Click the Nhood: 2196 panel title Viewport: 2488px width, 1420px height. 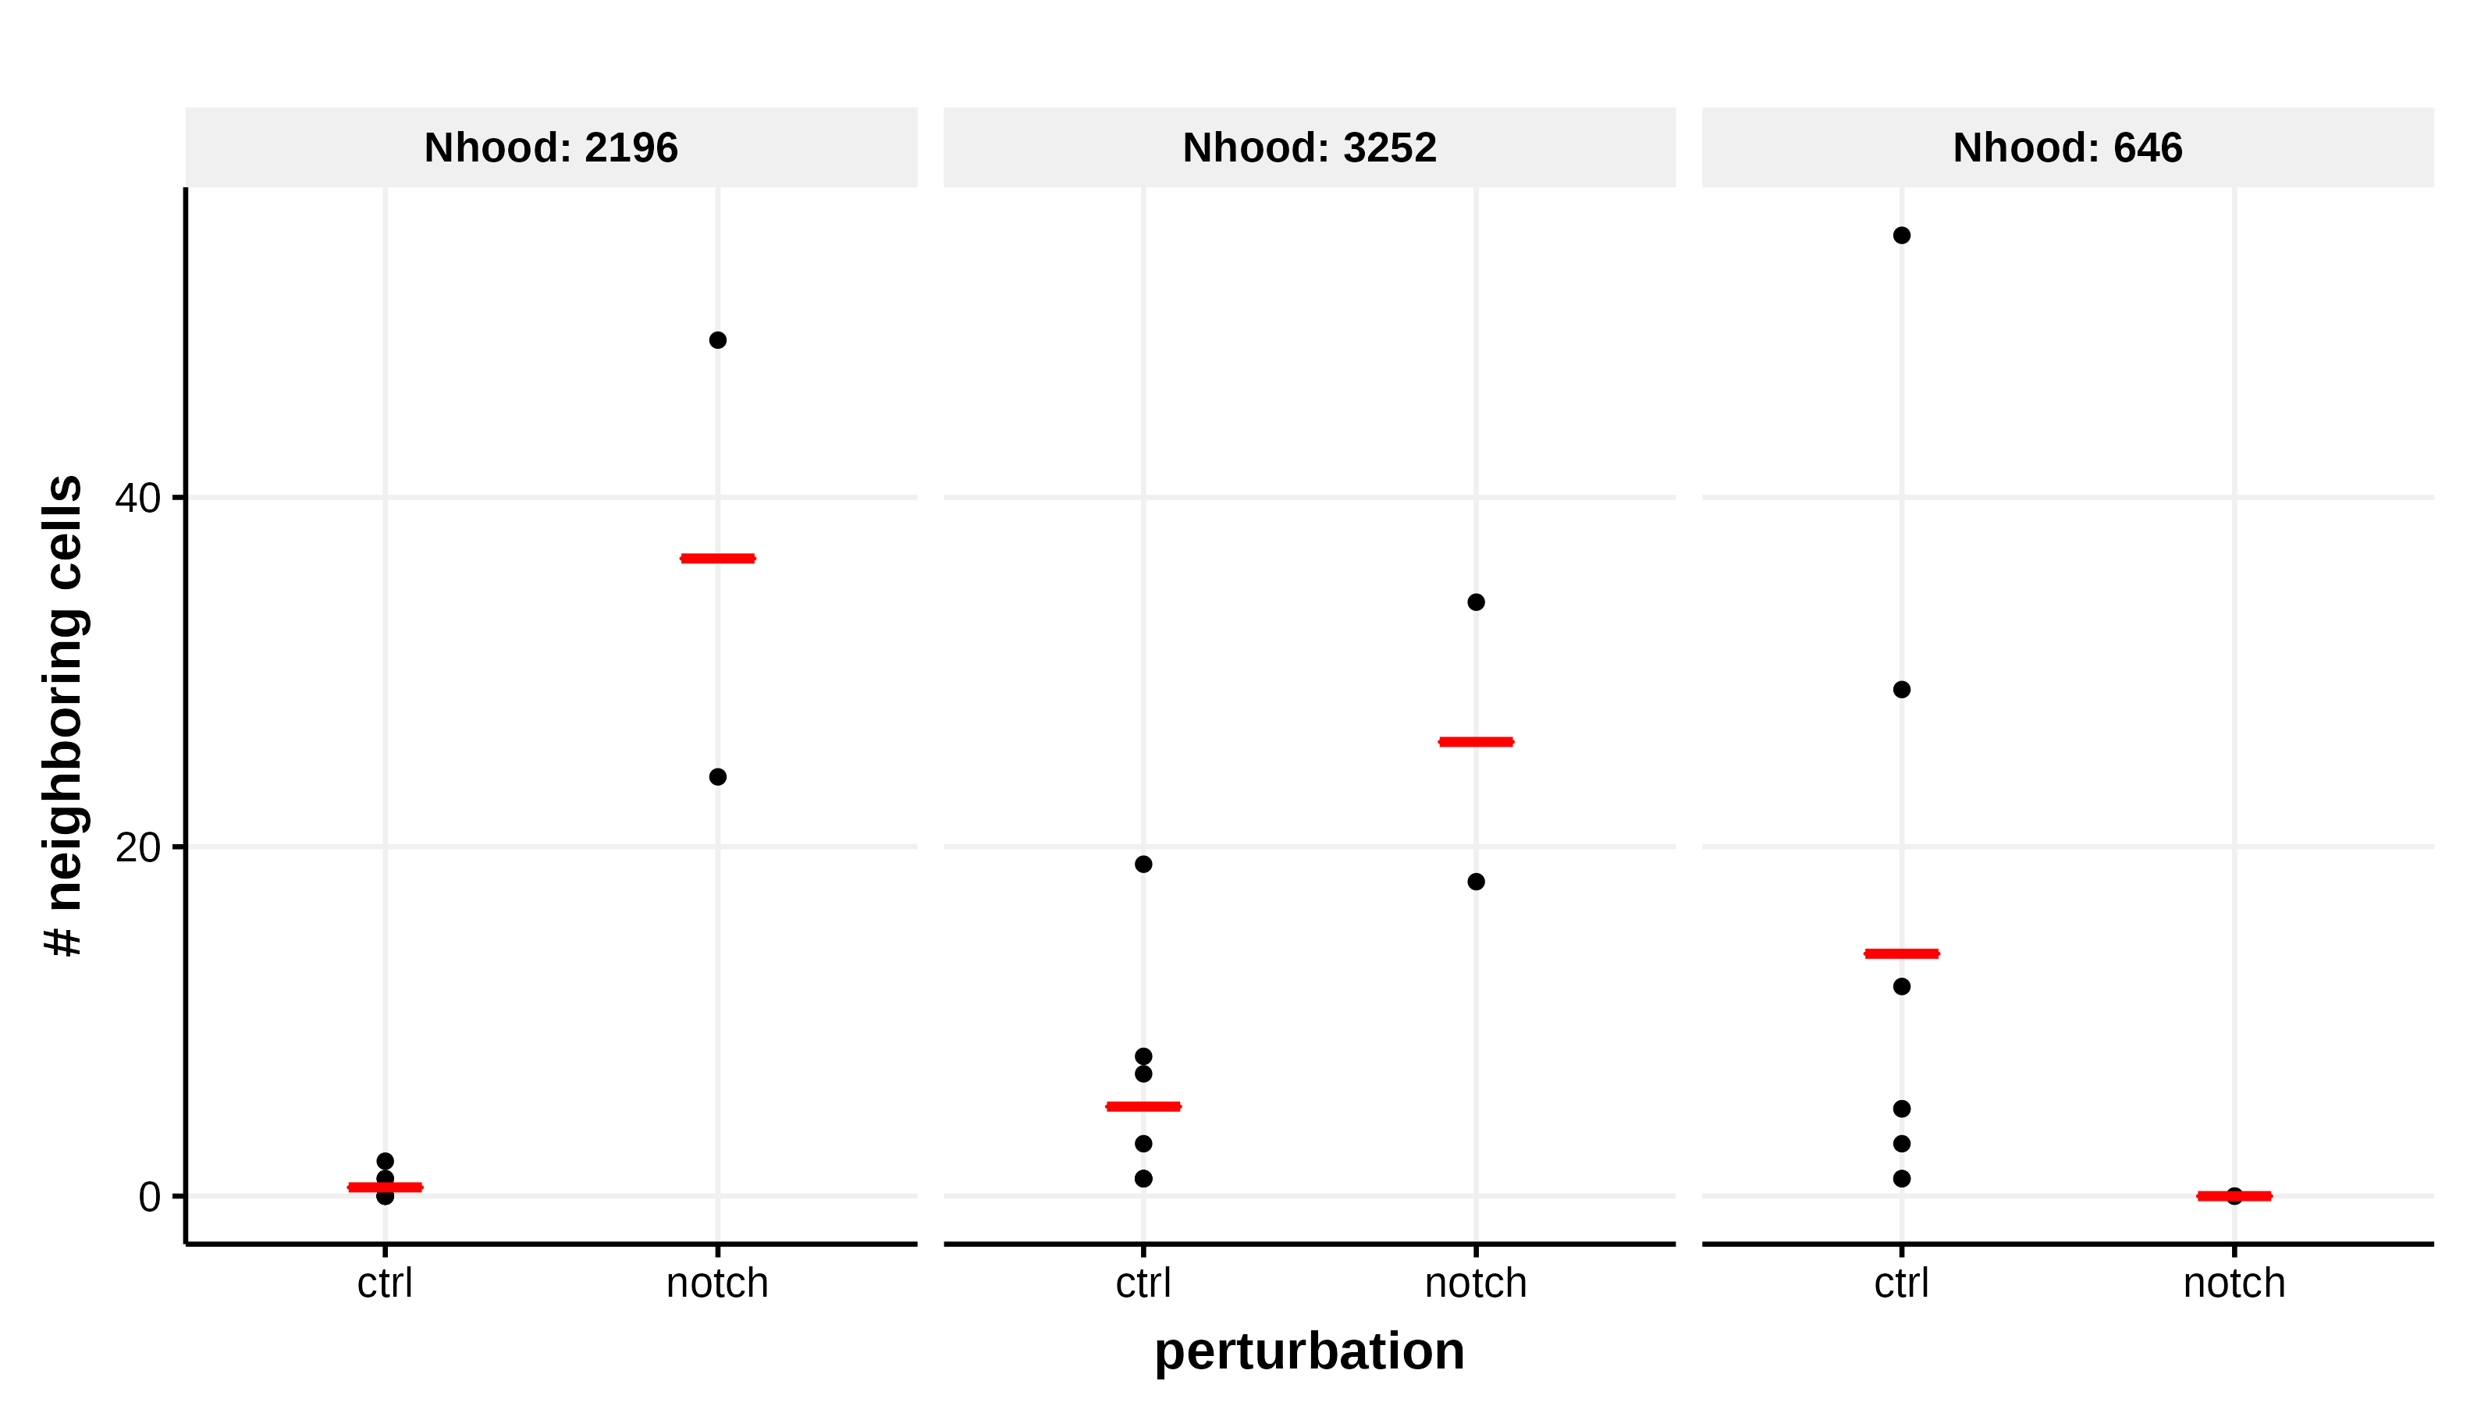550,148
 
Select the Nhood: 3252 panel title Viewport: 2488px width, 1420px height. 1309,148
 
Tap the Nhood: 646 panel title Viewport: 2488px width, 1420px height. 2067,148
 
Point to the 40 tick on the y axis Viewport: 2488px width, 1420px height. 137,499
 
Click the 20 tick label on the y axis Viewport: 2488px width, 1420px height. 137,847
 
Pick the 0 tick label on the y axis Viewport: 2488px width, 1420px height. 149,1197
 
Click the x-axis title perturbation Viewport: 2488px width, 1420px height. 1309,1351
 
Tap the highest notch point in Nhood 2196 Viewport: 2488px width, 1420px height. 718,340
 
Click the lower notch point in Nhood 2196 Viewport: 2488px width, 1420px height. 718,777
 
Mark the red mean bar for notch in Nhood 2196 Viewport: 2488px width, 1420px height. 718,559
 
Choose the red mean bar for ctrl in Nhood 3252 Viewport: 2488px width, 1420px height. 1143,1106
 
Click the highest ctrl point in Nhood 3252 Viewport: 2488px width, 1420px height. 1143,864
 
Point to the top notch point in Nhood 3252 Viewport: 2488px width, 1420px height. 1476,602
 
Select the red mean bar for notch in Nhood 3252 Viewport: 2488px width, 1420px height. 1476,742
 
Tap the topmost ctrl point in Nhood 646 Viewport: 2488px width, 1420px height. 1902,235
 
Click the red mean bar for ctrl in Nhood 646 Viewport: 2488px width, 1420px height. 1902,953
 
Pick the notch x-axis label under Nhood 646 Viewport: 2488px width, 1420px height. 2234,1283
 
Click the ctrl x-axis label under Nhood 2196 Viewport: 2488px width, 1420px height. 386,1283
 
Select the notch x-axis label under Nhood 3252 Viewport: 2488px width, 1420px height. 1476,1283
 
